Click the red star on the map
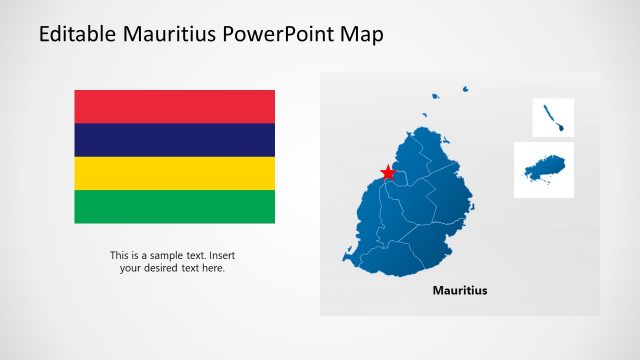point(388,173)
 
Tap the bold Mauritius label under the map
point(460,291)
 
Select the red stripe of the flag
point(174,106)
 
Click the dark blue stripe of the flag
point(174,140)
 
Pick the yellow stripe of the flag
point(174,173)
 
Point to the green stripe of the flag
point(174,206)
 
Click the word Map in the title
point(362,34)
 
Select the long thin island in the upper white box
point(552,118)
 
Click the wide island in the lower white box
point(545,168)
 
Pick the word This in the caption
point(119,255)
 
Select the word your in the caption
point(131,268)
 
